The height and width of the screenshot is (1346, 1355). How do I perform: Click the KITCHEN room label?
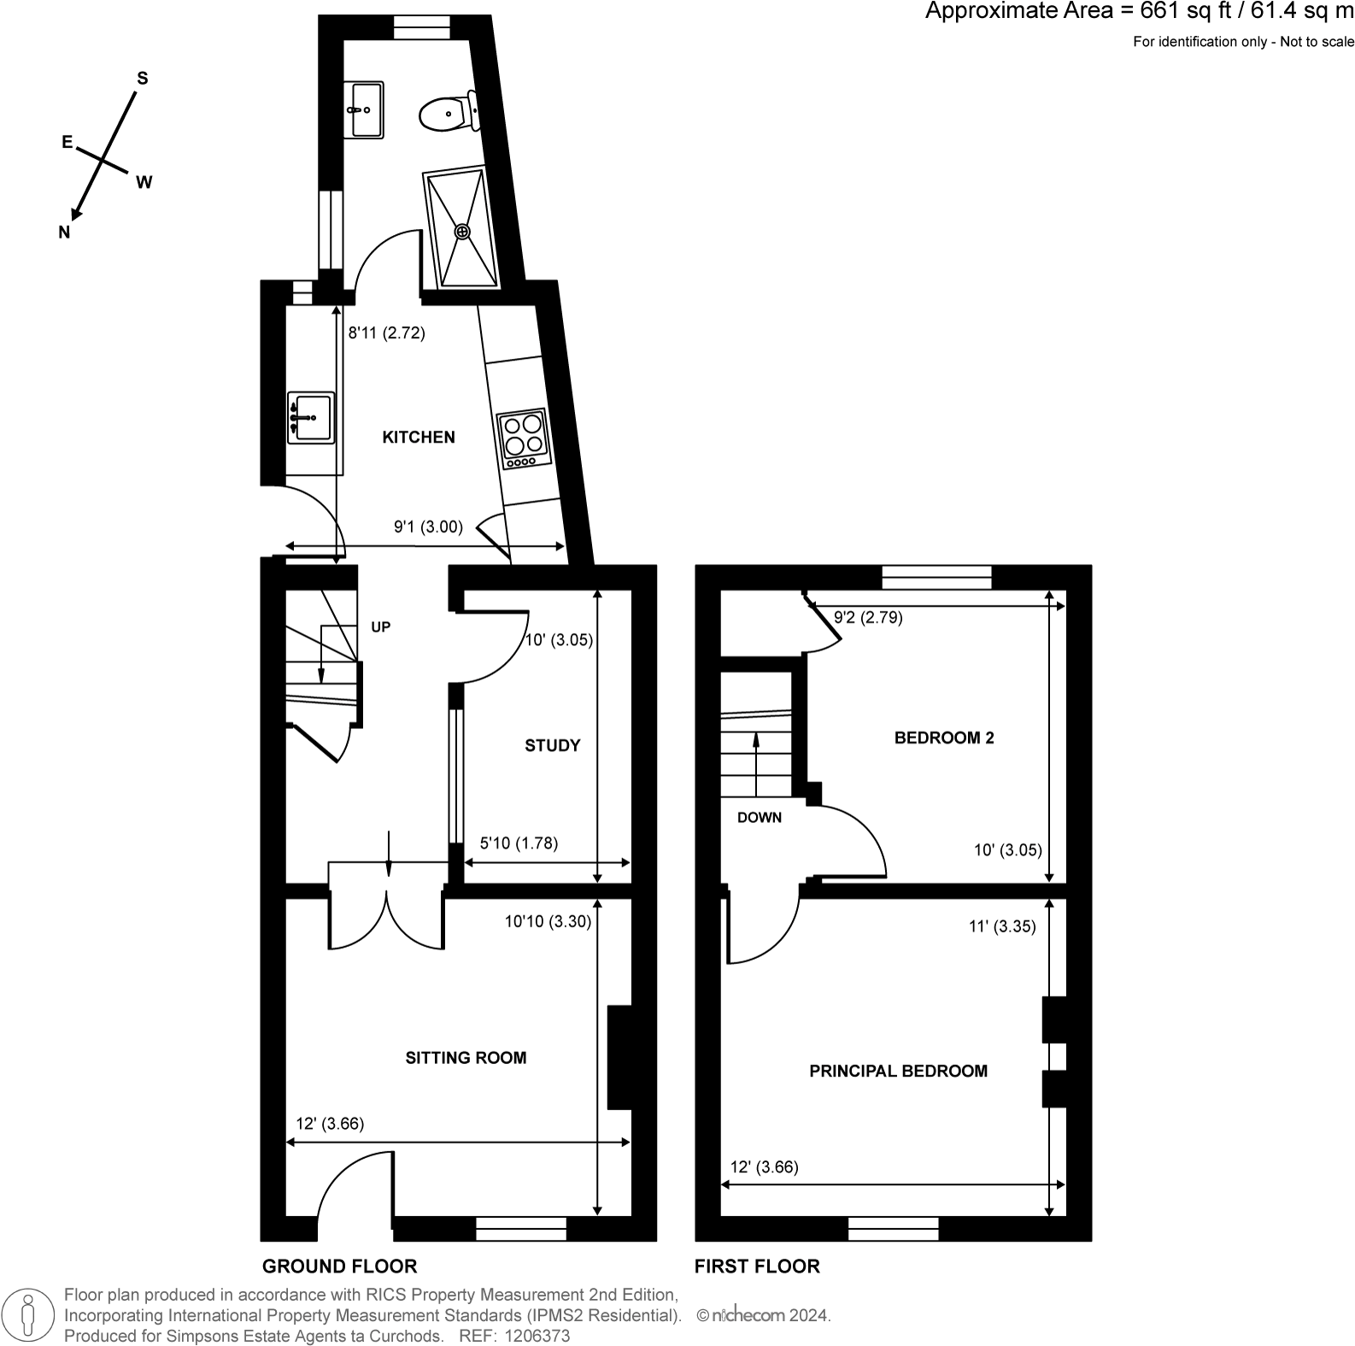[x=418, y=438]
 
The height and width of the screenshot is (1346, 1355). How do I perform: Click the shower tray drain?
[x=462, y=231]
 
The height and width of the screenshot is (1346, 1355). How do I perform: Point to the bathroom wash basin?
[x=364, y=109]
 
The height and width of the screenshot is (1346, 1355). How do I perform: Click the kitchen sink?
[x=310, y=418]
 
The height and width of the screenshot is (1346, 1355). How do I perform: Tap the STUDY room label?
[x=552, y=746]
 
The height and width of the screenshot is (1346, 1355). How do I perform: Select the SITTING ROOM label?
[x=466, y=1058]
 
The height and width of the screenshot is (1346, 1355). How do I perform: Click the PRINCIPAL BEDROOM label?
[x=898, y=1071]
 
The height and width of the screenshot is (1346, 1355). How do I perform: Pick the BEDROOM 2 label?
[x=943, y=738]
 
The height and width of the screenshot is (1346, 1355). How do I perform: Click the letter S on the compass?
[x=143, y=79]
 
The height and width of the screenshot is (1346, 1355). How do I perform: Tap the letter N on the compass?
[x=64, y=232]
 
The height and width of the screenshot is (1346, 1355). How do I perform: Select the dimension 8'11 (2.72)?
[x=386, y=333]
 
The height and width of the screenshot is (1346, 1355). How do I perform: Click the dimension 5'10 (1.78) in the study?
[x=519, y=843]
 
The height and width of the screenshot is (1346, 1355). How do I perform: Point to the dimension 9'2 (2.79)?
[x=868, y=617]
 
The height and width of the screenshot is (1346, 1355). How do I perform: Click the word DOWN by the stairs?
[x=759, y=818]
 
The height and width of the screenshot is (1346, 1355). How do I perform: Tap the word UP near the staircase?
[x=380, y=627]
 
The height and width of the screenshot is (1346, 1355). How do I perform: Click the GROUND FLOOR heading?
[x=339, y=1267]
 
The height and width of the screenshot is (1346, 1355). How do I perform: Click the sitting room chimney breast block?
[x=619, y=1057]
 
